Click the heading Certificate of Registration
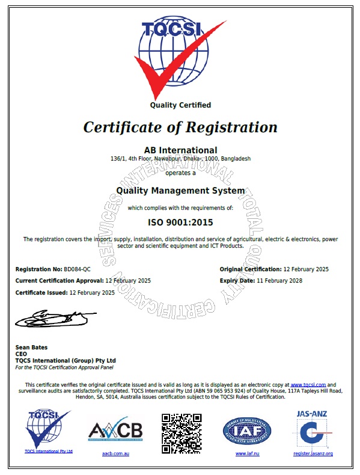[x=180, y=127]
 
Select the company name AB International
[x=180, y=149]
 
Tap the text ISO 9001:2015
[x=180, y=222]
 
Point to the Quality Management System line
[x=180, y=191]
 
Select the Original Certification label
[x=250, y=269]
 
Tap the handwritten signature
[x=54, y=317]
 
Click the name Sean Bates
[x=31, y=348]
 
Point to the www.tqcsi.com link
[x=308, y=384]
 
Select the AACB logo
[x=115, y=431]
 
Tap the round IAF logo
[x=247, y=431]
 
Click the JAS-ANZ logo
[x=313, y=428]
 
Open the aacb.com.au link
[x=115, y=453]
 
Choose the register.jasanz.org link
[x=313, y=453]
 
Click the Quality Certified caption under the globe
[x=180, y=105]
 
